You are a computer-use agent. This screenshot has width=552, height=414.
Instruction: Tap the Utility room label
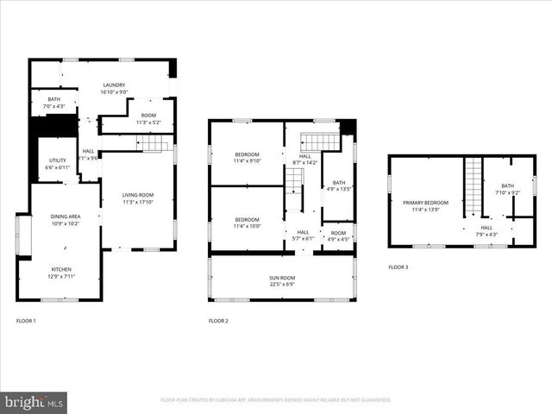click(x=58, y=163)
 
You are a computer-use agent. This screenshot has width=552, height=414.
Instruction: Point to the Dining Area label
click(x=65, y=220)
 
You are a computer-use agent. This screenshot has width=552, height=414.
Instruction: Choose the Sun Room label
click(x=282, y=280)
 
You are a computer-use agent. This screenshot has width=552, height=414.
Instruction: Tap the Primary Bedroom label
click(x=426, y=205)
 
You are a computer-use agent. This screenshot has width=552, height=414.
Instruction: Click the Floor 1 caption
click(x=26, y=321)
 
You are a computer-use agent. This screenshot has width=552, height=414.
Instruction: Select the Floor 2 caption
click(x=218, y=321)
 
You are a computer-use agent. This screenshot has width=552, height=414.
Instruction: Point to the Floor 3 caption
click(x=398, y=267)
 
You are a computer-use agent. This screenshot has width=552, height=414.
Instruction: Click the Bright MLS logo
click(x=34, y=402)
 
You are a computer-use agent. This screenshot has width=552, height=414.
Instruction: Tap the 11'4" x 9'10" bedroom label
click(x=247, y=157)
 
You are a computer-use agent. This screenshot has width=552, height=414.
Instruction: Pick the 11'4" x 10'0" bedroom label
click(x=247, y=223)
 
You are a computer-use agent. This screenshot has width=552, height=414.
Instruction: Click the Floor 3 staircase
click(x=473, y=186)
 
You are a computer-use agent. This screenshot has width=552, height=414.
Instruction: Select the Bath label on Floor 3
click(x=508, y=189)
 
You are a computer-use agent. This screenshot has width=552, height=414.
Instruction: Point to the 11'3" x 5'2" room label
click(x=148, y=119)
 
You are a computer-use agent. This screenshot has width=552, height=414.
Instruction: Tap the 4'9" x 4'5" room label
click(x=339, y=235)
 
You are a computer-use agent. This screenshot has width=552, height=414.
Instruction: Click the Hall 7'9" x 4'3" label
click(x=486, y=231)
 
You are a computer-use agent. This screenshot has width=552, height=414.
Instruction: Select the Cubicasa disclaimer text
click(x=276, y=400)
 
